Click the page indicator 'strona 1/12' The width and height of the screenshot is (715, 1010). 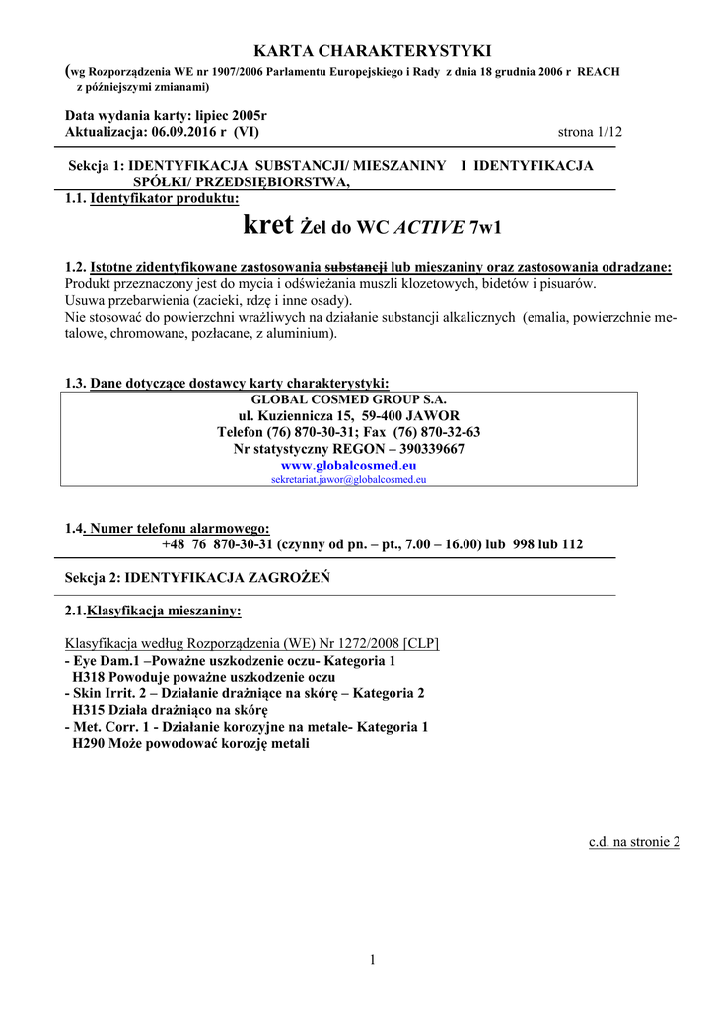pyautogui.click(x=590, y=132)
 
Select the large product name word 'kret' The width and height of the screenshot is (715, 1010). pyautogui.click(x=267, y=226)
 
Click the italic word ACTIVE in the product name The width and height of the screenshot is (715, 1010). pyautogui.click(x=429, y=228)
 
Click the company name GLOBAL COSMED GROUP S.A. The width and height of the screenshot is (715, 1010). pyautogui.click(x=349, y=399)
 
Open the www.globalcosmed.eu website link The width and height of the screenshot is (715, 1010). pyautogui.click(x=349, y=465)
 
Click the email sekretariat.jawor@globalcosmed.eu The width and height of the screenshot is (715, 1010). pyautogui.click(x=349, y=479)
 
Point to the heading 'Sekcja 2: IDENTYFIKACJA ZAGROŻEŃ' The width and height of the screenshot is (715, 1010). pyautogui.click(x=197, y=577)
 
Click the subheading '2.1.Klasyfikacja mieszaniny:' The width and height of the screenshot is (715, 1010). pyautogui.click(x=153, y=611)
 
